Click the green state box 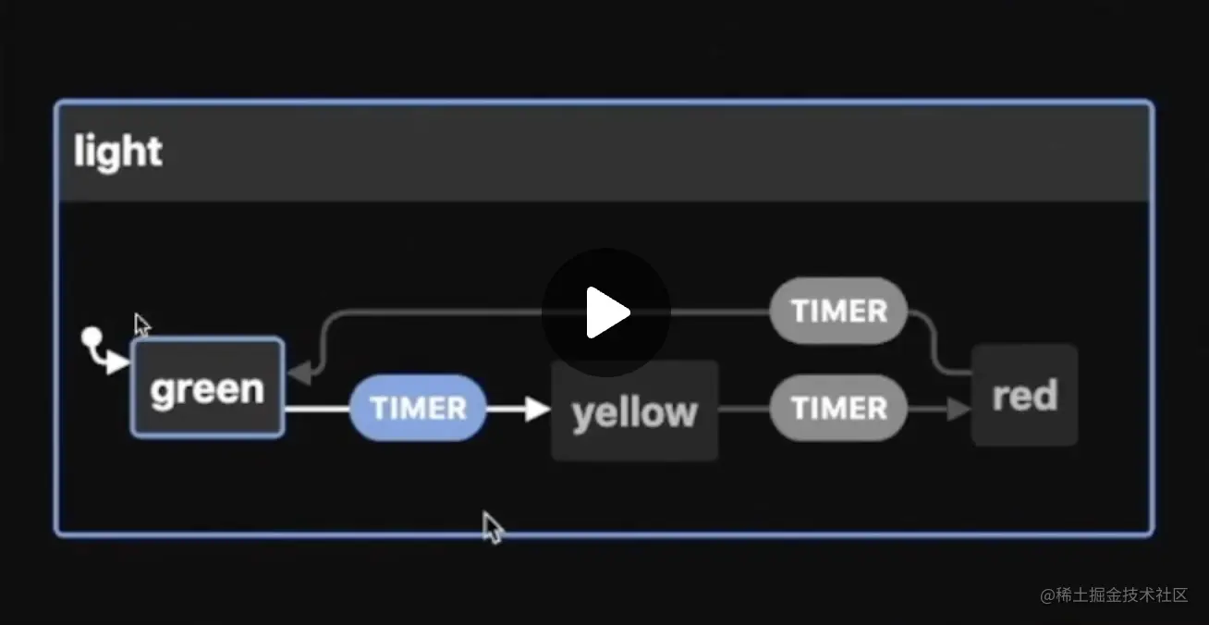[x=207, y=387]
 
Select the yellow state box [x=634, y=410]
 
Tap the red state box [x=1024, y=395]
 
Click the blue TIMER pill [x=418, y=408]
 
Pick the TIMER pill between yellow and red [x=838, y=408]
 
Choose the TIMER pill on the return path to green [x=838, y=311]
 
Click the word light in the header [x=117, y=152]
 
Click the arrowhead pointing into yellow [x=537, y=408]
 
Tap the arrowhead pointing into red [x=959, y=408]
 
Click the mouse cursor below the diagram [x=493, y=528]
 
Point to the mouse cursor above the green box [x=141, y=325]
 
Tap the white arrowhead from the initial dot [x=117, y=363]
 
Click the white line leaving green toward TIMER [x=316, y=408]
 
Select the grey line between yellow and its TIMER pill [x=743, y=408]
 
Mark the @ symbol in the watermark [x=1047, y=595]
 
